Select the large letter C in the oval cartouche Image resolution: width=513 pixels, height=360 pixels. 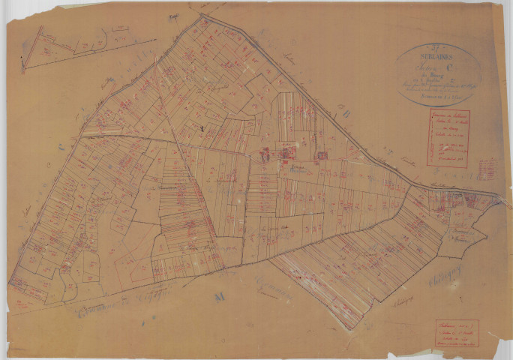coord(451,64)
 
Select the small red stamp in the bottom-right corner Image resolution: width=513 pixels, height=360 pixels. coord(457,334)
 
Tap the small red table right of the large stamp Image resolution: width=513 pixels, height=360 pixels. coord(486,167)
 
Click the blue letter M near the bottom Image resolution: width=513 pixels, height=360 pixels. coord(220,298)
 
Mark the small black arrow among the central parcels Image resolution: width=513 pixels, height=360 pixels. coord(202,130)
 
